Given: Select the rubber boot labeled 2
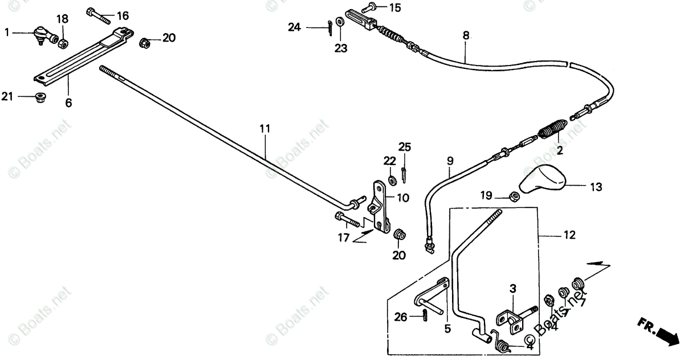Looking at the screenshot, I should (552, 133).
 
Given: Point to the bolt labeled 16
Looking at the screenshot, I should (98, 15).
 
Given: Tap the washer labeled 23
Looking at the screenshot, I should (340, 22).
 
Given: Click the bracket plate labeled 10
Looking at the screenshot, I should (376, 205).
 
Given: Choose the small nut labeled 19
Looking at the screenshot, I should (512, 197).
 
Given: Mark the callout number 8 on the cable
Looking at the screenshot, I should (466, 35).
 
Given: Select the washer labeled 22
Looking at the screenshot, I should (392, 181).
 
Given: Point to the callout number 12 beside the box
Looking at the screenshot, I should (569, 235).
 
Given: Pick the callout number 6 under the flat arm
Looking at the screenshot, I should (69, 103).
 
